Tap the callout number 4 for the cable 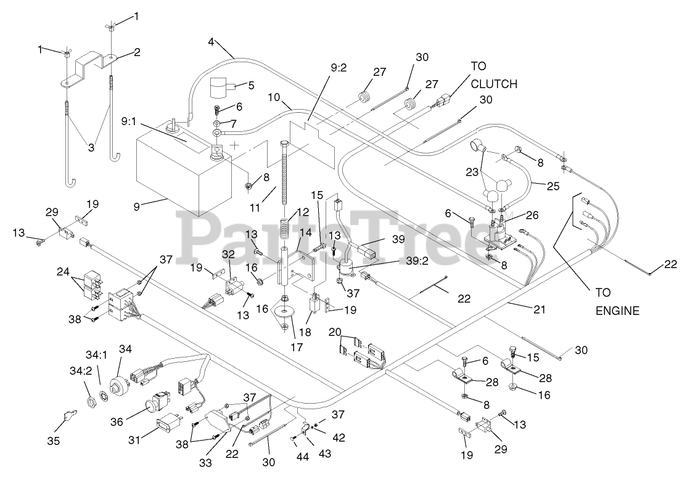tap(211, 43)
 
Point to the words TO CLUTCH tap(493, 75)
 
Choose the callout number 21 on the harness tap(539, 309)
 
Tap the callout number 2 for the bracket tap(136, 52)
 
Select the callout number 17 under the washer tap(297, 346)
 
